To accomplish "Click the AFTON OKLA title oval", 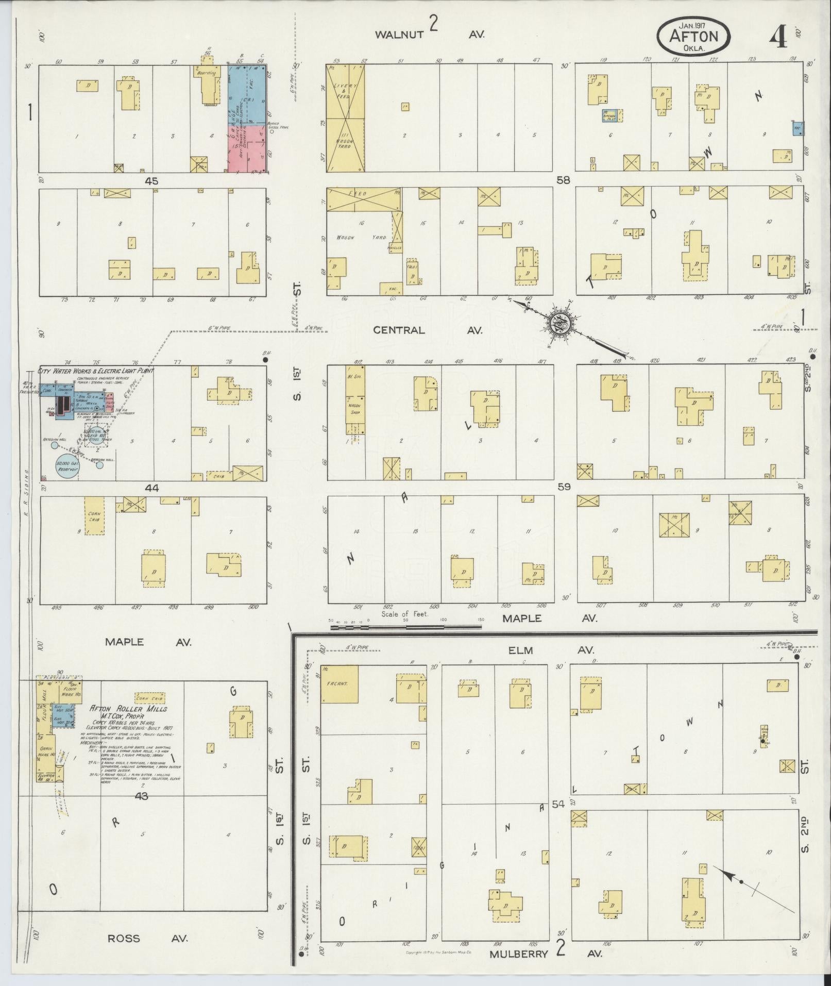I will tap(693, 36).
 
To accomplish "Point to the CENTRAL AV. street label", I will tap(428, 330).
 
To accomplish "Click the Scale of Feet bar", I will tap(405, 627).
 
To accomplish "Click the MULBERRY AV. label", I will tap(545, 954).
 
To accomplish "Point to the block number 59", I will tap(564, 486).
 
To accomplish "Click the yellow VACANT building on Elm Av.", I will tap(340, 684).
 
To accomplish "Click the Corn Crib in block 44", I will tap(95, 515).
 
